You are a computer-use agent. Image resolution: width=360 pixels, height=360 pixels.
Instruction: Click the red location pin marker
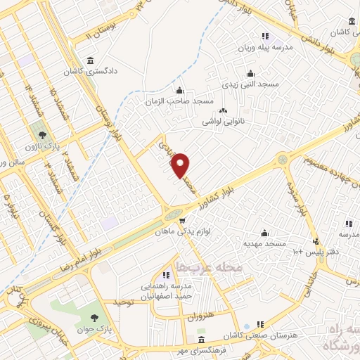click(x=181, y=165)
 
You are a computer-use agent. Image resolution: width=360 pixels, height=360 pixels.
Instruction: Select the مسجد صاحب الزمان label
click(x=179, y=101)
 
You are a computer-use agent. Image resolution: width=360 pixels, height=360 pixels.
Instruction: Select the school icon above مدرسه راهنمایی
click(x=167, y=275)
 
